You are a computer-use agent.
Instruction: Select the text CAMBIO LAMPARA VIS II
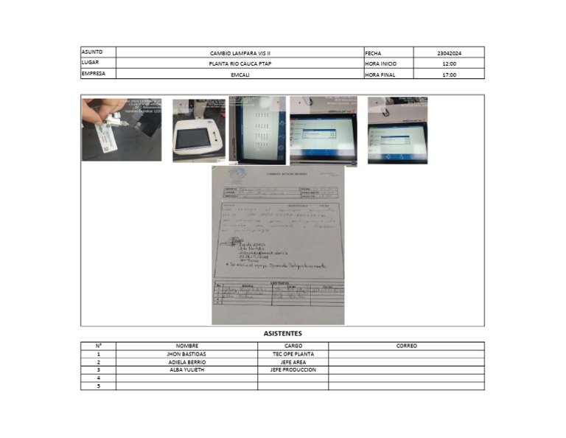click(240, 53)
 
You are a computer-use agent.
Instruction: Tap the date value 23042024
click(449, 53)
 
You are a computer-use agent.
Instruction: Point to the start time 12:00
click(449, 64)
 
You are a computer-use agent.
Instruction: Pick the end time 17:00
click(449, 74)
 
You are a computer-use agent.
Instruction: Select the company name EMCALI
click(240, 74)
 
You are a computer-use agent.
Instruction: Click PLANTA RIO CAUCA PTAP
click(240, 64)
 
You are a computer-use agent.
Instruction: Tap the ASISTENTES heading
click(282, 334)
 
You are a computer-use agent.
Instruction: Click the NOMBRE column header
click(186, 346)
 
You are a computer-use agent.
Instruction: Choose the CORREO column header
click(406, 346)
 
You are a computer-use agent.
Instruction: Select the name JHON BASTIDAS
click(186, 354)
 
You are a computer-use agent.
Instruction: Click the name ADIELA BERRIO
click(186, 362)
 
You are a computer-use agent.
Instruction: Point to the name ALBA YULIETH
click(186, 370)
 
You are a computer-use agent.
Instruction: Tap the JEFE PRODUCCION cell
click(293, 370)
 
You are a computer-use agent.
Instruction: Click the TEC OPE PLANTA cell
click(293, 354)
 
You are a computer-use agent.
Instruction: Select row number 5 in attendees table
click(98, 386)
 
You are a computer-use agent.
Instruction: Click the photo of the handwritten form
click(278, 246)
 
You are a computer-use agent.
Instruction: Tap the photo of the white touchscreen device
click(198, 131)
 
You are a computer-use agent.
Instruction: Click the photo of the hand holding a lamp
click(121, 129)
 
